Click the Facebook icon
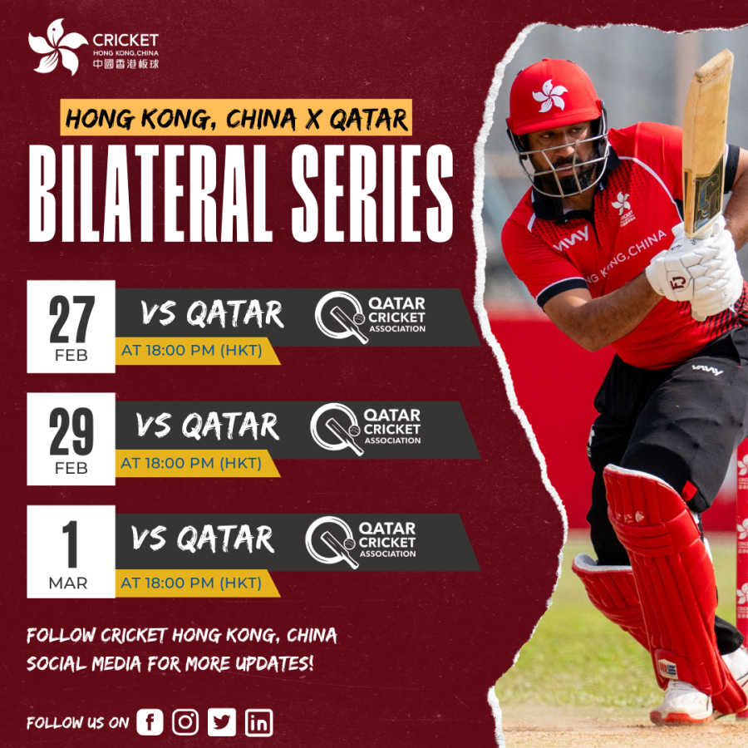[x=150, y=721]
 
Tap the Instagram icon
[x=185, y=721]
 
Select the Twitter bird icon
[x=222, y=721]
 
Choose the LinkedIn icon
[x=259, y=722]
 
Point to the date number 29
[x=71, y=431]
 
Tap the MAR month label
[x=68, y=583]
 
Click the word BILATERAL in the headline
[x=150, y=193]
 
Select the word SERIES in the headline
[x=372, y=193]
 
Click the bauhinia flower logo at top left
[x=57, y=47]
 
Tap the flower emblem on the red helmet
[x=549, y=96]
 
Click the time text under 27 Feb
[x=192, y=351]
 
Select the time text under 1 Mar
[x=191, y=583]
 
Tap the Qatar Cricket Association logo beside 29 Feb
[x=366, y=428]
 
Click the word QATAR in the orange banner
[x=369, y=119]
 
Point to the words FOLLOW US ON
[x=78, y=723]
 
